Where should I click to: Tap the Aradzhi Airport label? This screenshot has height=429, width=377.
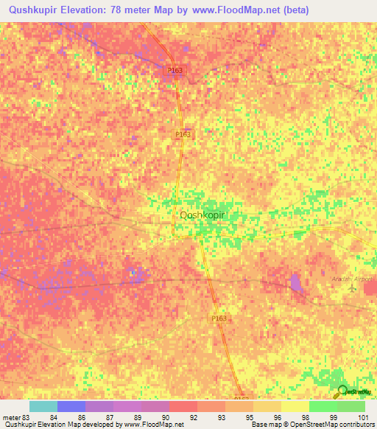(x=353, y=280)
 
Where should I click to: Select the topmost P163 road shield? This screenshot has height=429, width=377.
(x=175, y=70)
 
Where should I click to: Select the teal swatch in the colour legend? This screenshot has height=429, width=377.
(x=43, y=406)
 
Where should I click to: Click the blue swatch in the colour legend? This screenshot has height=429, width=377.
(x=71, y=406)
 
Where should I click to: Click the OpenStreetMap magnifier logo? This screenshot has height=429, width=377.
(x=341, y=391)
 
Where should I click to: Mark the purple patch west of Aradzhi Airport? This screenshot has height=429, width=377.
(x=296, y=282)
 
